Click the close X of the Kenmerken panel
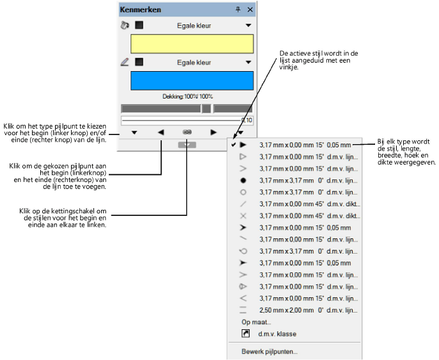(250, 10)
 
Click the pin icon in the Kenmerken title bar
(238, 10)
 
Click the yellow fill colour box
(192, 44)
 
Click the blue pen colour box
(192, 81)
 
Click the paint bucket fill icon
(125, 26)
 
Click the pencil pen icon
(125, 62)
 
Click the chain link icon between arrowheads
(187, 132)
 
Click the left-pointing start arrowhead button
(161, 132)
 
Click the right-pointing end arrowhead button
(214, 132)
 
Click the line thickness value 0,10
(246, 120)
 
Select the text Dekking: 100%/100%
(186, 96)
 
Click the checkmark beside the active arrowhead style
(234, 145)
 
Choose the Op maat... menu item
(256, 322)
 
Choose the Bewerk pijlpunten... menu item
(269, 351)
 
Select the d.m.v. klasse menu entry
(277, 334)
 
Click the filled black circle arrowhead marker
(243, 181)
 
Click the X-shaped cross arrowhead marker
(243, 216)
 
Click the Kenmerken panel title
(141, 10)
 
